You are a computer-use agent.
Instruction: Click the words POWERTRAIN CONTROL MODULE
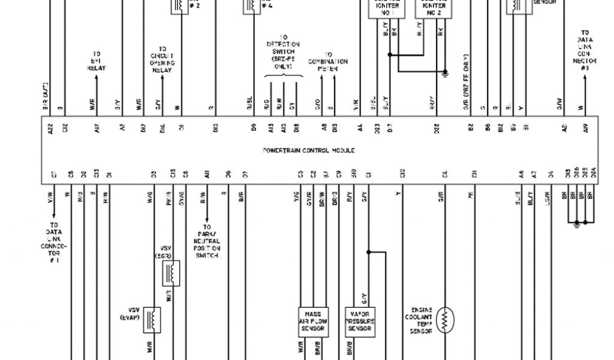click(309, 151)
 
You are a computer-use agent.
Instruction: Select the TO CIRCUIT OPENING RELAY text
click(162, 59)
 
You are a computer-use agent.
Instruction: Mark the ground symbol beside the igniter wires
click(445, 74)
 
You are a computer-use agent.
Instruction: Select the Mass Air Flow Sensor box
click(313, 322)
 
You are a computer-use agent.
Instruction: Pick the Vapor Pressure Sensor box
click(360, 322)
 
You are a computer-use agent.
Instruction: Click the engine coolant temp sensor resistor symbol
click(445, 320)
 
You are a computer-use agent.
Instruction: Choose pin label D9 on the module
click(254, 127)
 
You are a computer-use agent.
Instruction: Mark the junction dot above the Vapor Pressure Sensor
click(368, 252)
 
